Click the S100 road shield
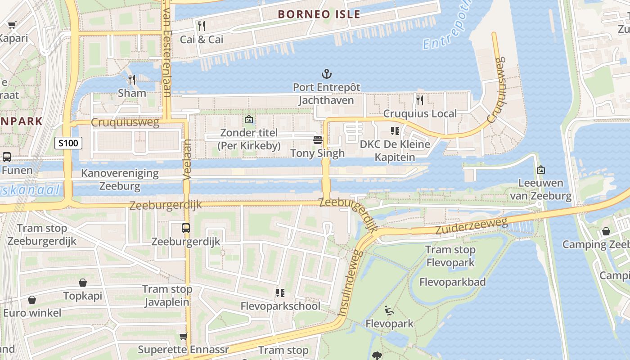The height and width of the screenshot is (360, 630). pos(68,144)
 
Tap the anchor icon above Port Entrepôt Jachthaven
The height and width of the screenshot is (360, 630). pos(326,74)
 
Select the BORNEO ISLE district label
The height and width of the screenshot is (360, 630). pos(319,14)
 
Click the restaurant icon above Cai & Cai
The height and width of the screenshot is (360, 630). pos(202,26)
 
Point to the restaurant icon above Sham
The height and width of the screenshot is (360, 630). pos(132,80)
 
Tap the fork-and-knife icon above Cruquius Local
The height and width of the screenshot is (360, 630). pos(419,100)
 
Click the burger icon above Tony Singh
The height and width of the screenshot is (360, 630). pos(318,140)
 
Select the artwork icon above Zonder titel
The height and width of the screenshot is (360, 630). pos(248,119)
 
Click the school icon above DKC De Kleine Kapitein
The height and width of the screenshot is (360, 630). pos(395,131)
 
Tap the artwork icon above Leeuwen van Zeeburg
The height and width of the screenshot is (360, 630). pos(540,170)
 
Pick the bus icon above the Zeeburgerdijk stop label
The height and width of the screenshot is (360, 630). pos(186,228)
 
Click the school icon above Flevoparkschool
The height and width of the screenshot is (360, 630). pos(280,293)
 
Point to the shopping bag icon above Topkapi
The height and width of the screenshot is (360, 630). pos(83,283)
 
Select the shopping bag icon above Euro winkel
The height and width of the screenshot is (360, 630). pos(32,299)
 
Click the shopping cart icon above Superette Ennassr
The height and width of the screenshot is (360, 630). pos(183,336)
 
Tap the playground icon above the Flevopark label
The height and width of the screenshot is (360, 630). pos(389,310)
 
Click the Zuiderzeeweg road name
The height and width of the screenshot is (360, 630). pos(471,226)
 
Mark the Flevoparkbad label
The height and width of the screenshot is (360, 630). pos(452,282)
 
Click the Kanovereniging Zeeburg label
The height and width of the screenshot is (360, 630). pos(120,180)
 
